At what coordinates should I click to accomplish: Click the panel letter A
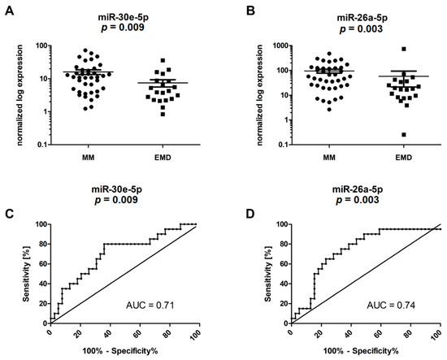(x=10, y=11)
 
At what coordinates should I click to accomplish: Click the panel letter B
(x=250, y=11)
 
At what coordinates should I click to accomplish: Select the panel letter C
(x=10, y=214)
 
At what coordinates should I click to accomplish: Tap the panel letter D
(x=250, y=214)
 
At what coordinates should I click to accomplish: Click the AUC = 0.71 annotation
(x=150, y=306)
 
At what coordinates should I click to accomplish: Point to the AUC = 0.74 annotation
(x=391, y=306)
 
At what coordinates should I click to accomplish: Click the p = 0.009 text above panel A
(x=123, y=28)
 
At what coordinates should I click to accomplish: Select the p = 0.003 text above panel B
(x=361, y=28)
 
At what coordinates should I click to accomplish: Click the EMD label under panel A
(x=163, y=158)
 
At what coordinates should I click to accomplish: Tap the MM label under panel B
(x=329, y=158)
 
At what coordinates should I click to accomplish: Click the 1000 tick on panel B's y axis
(x=281, y=46)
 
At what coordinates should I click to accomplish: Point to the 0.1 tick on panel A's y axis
(x=44, y=145)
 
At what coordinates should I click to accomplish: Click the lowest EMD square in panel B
(x=404, y=135)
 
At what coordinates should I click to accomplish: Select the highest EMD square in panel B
(x=404, y=49)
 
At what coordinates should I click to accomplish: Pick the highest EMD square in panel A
(x=163, y=60)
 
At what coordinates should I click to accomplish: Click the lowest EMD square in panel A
(x=163, y=115)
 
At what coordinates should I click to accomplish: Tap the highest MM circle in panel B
(x=329, y=54)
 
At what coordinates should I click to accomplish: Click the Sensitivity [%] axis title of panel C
(x=27, y=274)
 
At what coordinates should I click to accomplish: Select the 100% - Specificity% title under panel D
(x=361, y=351)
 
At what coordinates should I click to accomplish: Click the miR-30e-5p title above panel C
(x=116, y=189)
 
